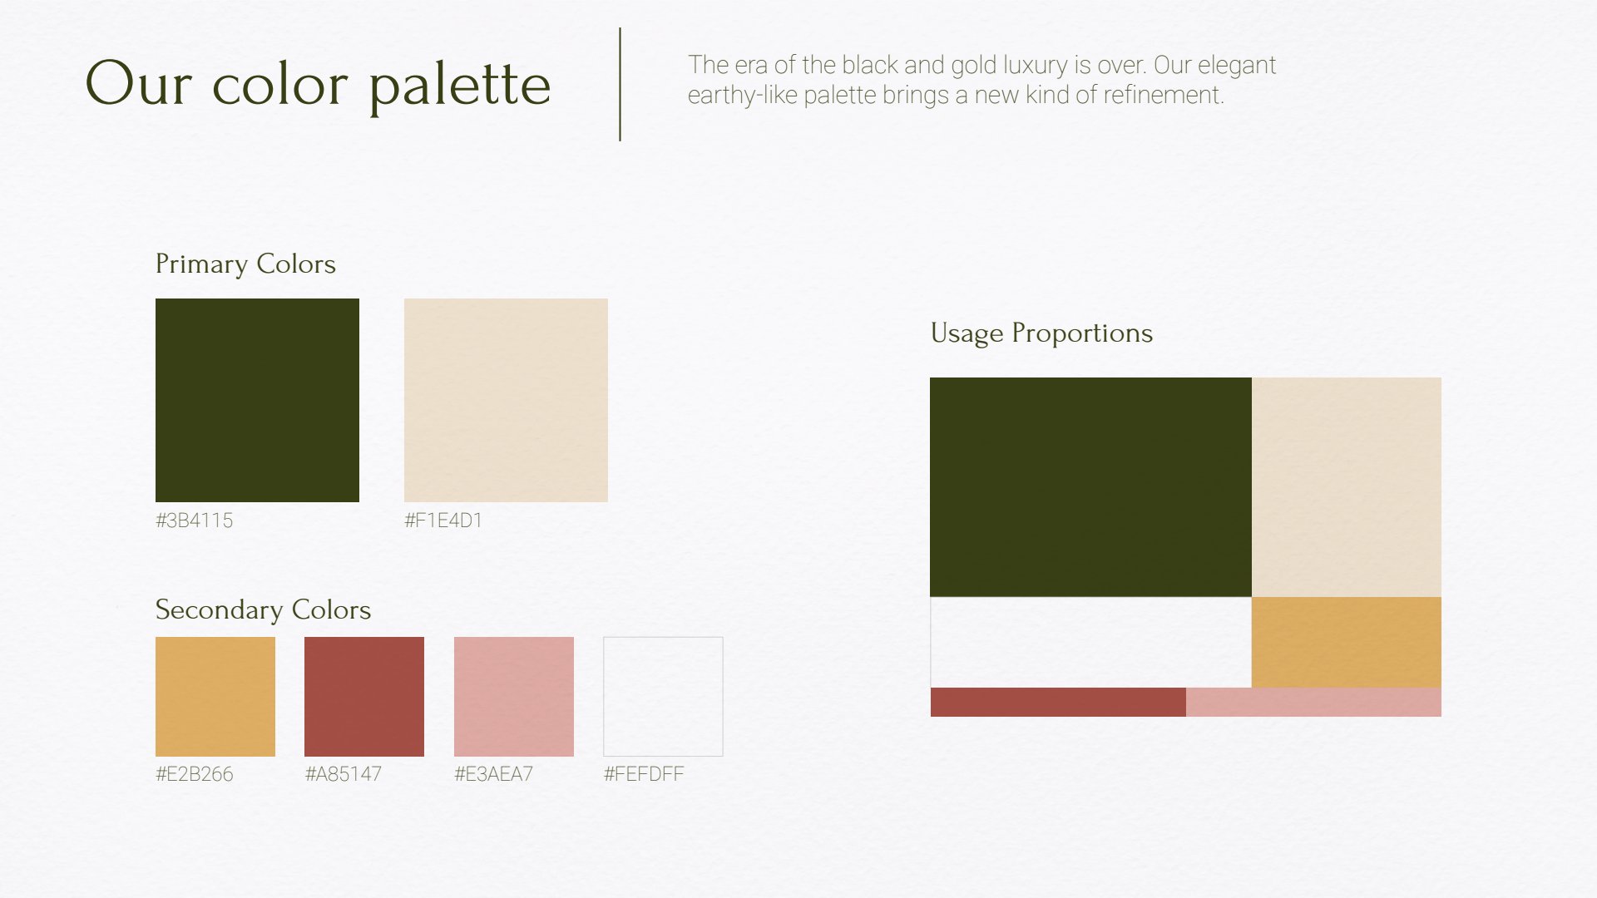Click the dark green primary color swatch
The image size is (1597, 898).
click(x=257, y=400)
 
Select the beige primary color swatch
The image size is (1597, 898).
click(x=506, y=400)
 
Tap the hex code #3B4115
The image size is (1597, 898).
click(x=194, y=521)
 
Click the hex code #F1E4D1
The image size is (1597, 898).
click(x=443, y=521)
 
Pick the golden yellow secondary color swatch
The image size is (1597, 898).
click(x=215, y=697)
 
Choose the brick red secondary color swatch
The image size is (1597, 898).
click(x=364, y=697)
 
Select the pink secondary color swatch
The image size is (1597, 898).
click(x=514, y=697)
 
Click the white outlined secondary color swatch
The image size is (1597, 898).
click(x=663, y=697)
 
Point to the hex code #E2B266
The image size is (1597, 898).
click(x=194, y=774)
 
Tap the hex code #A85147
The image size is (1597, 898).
click(x=344, y=774)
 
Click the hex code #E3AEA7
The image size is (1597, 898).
click(x=493, y=774)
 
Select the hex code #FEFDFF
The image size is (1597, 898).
click(x=644, y=774)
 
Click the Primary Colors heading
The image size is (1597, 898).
click(x=245, y=264)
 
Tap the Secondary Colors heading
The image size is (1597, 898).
click(x=263, y=610)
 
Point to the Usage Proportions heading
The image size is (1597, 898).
click(x=1041, y=333)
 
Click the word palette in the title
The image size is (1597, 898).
click(x=460, y=86)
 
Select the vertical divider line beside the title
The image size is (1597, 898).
click(x=620, y=84)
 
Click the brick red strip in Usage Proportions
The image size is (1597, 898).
click(x=1058, y=702)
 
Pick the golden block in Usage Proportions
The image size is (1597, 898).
click(x=1347, y=642)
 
